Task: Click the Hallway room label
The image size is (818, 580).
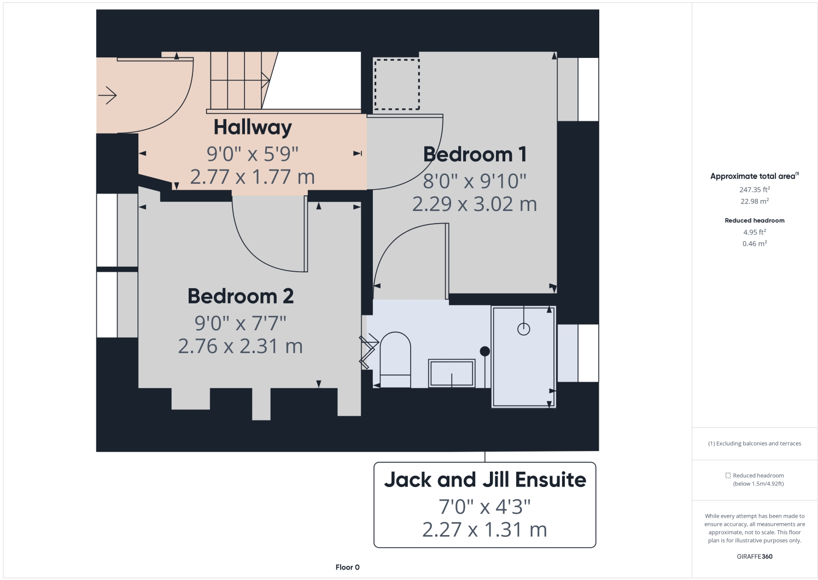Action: (253, 127)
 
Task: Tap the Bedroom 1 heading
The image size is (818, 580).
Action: (475, 155)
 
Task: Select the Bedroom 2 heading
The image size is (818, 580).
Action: (241, 296)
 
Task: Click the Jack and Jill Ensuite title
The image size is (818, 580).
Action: (485, 480)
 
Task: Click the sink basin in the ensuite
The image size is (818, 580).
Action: (452, 374)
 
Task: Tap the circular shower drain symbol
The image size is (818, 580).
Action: (524, 329)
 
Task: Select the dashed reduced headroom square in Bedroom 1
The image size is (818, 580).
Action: (396, 84)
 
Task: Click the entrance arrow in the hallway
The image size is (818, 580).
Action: (108, 96)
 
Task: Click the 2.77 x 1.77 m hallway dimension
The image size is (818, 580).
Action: (253, 177)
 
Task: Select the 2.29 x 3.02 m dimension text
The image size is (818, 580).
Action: (475, 204)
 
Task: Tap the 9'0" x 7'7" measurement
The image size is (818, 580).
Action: (241, 323)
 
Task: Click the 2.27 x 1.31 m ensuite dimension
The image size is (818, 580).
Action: (485, 530)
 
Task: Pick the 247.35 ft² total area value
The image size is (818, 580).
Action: (755, 190)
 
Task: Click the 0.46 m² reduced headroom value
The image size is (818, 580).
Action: (755, 244)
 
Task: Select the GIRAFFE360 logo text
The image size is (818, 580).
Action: (755, 556)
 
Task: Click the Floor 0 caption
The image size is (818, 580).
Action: (348, 567)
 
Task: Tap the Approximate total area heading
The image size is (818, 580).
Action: (754, 176)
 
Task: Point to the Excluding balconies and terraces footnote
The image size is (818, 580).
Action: (755, 443)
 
